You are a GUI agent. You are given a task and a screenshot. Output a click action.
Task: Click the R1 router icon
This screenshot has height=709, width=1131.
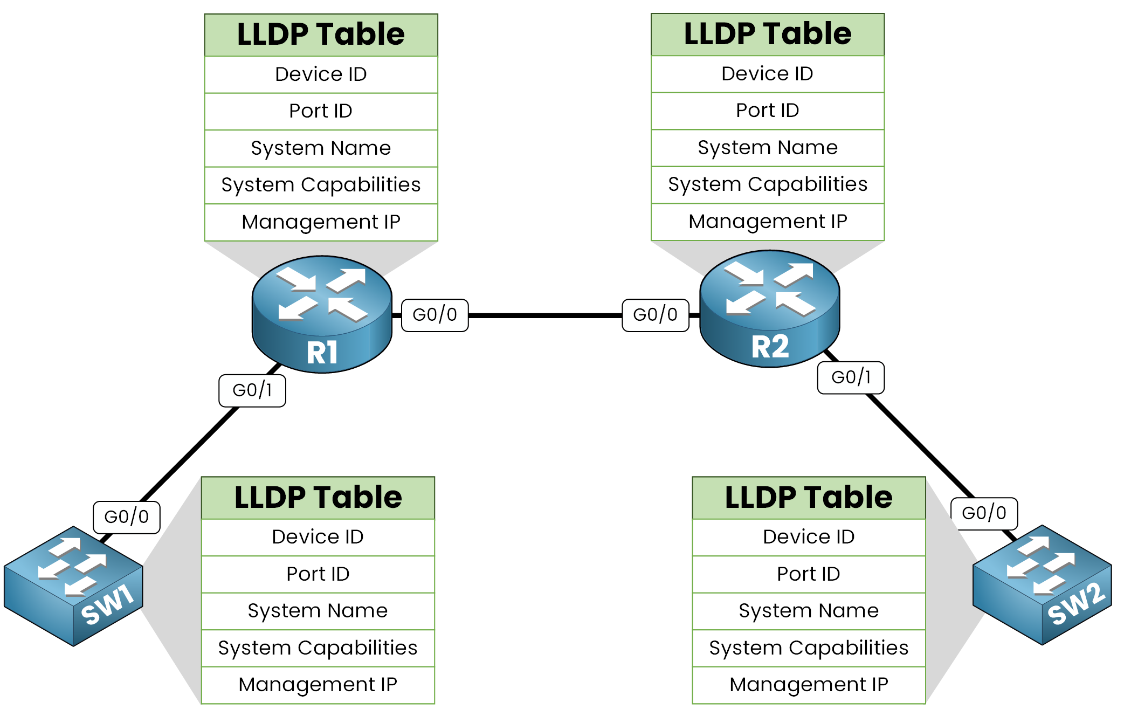coord(322,314)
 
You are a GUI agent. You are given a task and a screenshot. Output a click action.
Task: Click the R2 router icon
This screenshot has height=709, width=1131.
coord(769,308)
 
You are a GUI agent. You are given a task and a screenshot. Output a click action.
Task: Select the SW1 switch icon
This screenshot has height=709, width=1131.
coord(73,586)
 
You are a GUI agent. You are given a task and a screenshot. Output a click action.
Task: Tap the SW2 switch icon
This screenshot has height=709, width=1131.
coord(1042,585)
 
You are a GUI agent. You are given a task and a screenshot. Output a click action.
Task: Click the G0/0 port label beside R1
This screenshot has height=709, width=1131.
coord(435,315)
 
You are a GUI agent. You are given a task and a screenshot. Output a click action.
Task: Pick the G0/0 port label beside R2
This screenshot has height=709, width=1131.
coord(655,315)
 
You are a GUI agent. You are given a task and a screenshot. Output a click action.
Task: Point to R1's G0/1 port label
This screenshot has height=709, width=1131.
coord(252,390)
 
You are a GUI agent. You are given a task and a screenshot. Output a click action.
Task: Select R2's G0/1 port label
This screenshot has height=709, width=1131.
coord(851,377)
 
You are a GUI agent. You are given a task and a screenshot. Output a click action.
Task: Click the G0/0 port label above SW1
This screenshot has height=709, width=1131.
coord(126,517)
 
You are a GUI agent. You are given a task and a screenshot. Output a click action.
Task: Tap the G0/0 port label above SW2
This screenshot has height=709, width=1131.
coord(984,513)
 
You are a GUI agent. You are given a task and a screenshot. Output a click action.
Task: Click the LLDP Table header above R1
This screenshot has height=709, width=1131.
coord(321,35)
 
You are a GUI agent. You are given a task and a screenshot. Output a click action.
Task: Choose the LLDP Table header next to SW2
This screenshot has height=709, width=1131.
coord(809,497)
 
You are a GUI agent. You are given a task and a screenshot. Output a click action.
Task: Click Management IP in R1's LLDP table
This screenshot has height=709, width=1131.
coord(321,222)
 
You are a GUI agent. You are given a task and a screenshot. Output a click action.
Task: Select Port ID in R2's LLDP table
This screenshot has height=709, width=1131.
coord(767,111)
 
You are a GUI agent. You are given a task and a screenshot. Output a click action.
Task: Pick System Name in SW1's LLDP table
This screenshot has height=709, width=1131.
coord(318,611)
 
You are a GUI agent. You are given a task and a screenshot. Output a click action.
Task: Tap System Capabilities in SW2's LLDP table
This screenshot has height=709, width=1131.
coord(809,648)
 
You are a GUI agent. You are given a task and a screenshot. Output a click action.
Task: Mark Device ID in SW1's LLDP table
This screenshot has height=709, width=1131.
coord(318,537)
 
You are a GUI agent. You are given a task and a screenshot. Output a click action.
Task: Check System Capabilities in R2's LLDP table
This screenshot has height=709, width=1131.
coord(767,184)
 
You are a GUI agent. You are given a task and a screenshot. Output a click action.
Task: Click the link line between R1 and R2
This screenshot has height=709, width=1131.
coord(544,315)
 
